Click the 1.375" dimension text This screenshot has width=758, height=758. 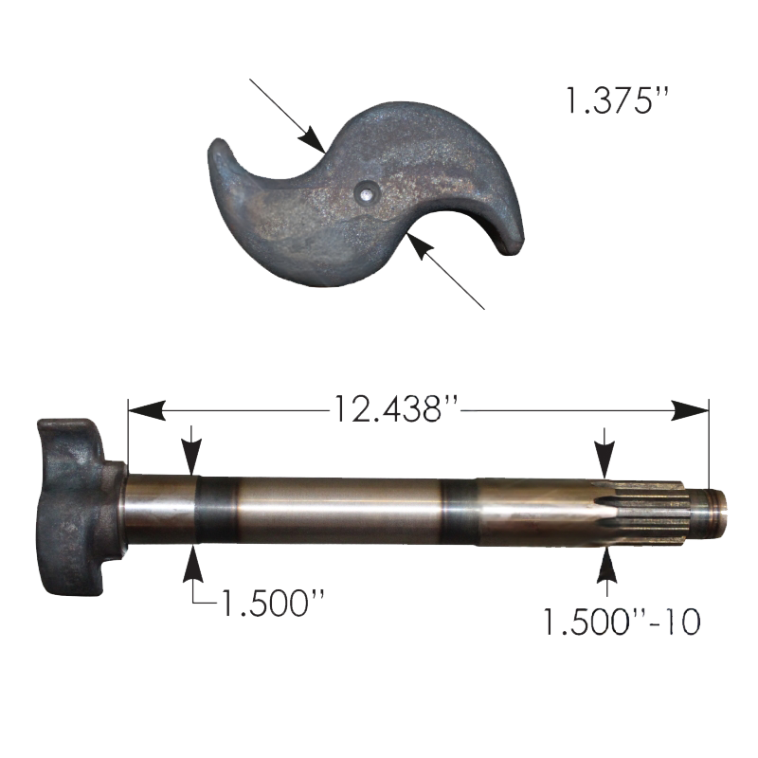click(x=618, y=101)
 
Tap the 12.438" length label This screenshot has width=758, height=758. click(x=394, y=409)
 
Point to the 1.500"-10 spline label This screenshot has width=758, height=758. click(x=622, y=622)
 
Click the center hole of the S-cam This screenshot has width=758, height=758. click(x=366, y=193)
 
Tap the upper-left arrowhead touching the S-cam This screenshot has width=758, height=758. click(x=312, y=139)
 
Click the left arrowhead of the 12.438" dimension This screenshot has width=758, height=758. click(x=147, y=410)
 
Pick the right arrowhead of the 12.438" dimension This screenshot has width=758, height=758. click(x=690, y=410)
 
